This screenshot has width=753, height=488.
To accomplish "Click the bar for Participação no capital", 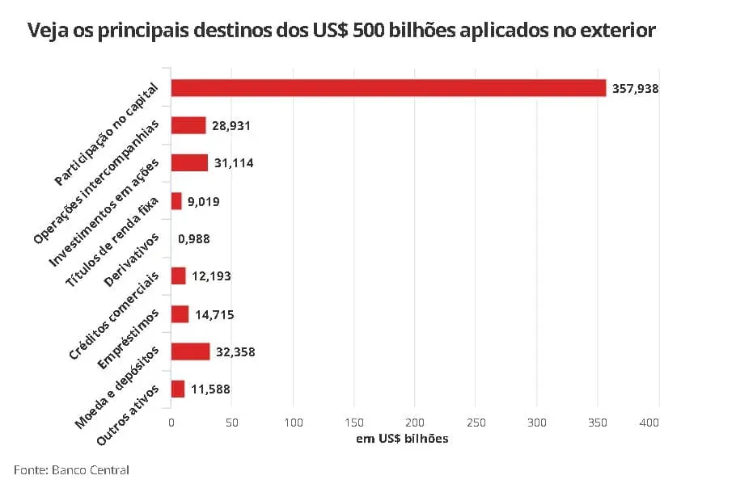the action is [388, 88].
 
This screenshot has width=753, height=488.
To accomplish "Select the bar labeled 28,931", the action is [188, 126].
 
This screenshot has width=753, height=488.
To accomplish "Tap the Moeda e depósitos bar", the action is [191, 351].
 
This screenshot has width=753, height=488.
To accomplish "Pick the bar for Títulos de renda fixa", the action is [176, 201].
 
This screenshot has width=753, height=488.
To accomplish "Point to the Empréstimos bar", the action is [180, 314].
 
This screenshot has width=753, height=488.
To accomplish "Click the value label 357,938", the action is [635, 89].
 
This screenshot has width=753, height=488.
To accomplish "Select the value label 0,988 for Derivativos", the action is [194, 239].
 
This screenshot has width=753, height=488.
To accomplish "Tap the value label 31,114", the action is [234, 163].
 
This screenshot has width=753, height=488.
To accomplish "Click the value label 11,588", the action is [210, 389].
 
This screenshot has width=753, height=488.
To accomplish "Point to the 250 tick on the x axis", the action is [476, 423].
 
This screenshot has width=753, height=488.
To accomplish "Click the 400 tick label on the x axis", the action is [649, 423].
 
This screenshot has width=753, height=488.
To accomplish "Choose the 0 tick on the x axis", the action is [171, 423].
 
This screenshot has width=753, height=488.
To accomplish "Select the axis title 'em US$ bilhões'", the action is [403, 439].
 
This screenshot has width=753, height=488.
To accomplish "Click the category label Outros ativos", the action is [128, 415].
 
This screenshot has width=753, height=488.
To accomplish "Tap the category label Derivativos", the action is [131, 260].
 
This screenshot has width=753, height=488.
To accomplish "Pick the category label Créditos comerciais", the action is [114, 316].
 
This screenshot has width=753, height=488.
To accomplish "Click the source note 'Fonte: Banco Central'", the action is [71, 469].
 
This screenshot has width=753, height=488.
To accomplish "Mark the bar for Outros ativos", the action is [178, 389].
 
